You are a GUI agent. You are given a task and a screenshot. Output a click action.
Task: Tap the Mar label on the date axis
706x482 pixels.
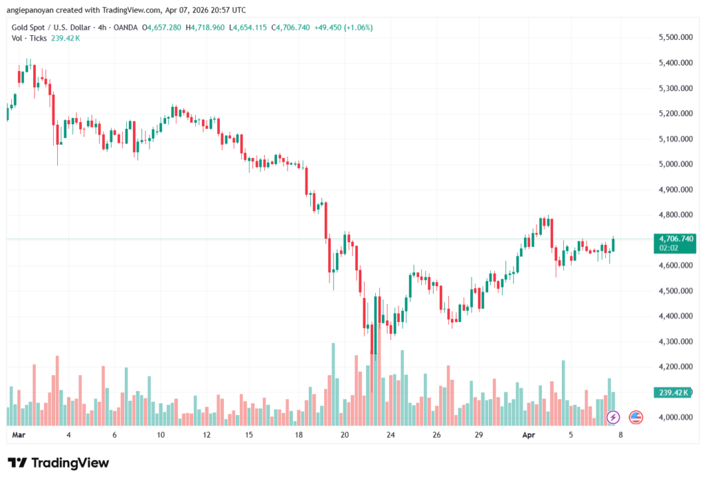tap(19, 436)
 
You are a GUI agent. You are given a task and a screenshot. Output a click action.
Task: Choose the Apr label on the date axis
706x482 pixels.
tap(528, 436)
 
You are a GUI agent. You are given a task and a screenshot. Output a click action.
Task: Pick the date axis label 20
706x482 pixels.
tap(345, 436)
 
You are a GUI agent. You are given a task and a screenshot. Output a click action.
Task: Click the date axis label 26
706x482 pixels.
tap(437, 436)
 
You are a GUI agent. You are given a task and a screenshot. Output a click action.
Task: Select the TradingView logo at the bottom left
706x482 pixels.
tap(58, 463)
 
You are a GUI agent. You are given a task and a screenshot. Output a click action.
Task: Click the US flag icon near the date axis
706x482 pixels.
tap(636, 417)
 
